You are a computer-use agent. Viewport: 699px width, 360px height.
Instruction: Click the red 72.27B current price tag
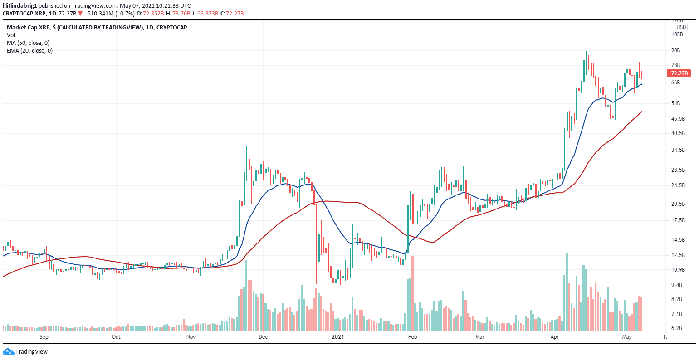pyautogui.click(x=678, y=73)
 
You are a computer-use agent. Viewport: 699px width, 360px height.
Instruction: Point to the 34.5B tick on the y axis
pyautogui.click(x=678, y=150)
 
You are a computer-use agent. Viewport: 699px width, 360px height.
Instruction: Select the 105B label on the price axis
pyautogui.click(x=677, y=34)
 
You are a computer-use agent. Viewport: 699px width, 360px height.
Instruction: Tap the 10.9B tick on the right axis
pyautogui.click(x=678, y=270)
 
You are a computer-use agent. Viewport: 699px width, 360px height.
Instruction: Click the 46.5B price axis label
pyautogui.click(x=678, y=119)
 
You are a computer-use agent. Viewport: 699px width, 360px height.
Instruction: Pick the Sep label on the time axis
pyautogui.click(x=44, y=337)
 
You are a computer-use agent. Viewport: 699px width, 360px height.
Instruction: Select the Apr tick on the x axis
pyautogui.click(x=554, y=337)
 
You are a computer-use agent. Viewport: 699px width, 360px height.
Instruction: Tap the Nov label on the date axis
pyautogui.click(x=191, y=337)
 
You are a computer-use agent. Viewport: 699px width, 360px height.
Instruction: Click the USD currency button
pyautogui.click(x=681, y=27)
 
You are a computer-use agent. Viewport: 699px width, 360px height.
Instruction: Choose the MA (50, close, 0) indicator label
pyautogui.click(x=28, y=43)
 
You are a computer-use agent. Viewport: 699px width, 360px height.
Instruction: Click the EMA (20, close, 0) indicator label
pyautogui.click(x=29, y=51)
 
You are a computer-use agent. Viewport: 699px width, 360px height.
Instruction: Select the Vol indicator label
pyautogui.click(x=10, y=35)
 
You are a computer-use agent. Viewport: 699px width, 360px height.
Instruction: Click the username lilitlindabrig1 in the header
pyautogui.click(x=20, y=5)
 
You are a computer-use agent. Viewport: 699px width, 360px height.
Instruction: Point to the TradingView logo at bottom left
pyautogui.click(x=25, y=352)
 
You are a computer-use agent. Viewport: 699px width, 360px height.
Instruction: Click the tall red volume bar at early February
pyautogui.click(x=412, y=293)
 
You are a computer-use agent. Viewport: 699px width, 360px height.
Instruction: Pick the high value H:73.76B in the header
pyautogui.click(x=181, y=14)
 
